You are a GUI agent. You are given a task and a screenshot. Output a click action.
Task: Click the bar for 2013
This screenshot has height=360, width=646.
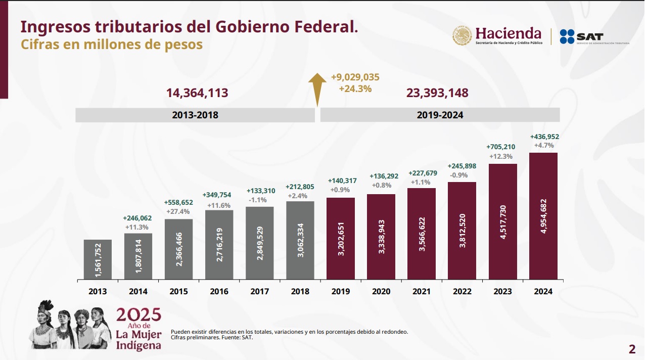(98, 259)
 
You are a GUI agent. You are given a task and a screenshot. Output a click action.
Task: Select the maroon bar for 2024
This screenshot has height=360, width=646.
(543, 216)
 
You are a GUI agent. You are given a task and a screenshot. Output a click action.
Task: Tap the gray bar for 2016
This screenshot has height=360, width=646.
(219, 244)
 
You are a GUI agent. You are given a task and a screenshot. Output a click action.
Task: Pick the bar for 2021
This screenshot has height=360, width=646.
(421, 234)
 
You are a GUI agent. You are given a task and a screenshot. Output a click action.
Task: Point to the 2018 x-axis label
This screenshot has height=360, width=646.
(300, 292)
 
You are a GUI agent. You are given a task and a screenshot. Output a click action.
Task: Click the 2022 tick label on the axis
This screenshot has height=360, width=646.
(462, 292)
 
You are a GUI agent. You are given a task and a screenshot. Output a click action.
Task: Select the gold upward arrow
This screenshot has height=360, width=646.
(317, 88)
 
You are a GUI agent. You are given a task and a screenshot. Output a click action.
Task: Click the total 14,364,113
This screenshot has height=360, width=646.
(197, 93)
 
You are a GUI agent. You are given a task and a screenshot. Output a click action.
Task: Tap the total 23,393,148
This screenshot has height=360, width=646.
(437, 93)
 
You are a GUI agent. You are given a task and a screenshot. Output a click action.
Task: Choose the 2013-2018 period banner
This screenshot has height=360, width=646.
(195, 115)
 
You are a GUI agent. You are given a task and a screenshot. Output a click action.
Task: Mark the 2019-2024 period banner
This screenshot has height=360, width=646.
(440, 115)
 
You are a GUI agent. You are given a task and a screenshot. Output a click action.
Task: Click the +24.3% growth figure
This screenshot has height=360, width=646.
(355, 88)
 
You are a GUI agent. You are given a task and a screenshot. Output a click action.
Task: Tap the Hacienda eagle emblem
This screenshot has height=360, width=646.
(462, 36)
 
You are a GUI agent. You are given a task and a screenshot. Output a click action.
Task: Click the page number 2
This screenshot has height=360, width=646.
(632, 349)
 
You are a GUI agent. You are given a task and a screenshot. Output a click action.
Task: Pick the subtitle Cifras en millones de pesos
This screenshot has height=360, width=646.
(111, 44)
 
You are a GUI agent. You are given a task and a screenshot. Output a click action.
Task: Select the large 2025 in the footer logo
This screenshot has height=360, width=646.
(139, 314)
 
